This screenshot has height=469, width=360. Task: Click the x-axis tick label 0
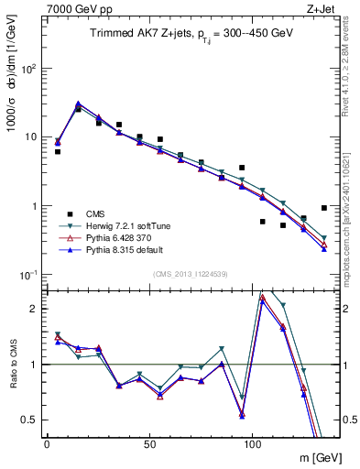pos(47,442)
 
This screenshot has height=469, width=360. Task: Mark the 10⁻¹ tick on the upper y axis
pos(29,275)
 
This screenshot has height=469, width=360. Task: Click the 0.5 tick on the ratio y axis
pos(31,420)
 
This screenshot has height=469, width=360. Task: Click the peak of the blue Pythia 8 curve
pos(79,104)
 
